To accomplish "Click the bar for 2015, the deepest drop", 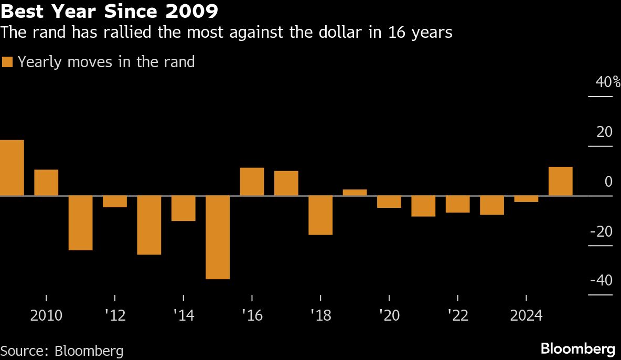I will (x=218, y=237).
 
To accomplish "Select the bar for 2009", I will (x=12, y=168).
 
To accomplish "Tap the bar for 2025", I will (x=560, y=182).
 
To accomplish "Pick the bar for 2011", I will (x=80, y=223).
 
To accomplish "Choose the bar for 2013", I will (x=149, y=225).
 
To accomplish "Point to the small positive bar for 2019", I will (x=355, y=193).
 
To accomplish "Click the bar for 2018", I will (x=320, y=215).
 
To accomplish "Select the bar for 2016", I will (x=252, y=182).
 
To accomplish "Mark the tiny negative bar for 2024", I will (x=526, y=199).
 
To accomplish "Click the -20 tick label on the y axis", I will (x=601, y=231).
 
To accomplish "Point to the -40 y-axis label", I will (x=601, y=281).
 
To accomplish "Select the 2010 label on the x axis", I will (x=46, y=316).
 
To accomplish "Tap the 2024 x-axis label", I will (x=526, y=316).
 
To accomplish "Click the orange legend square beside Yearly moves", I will (x=7, y=62).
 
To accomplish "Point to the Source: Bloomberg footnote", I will (x=62, y=351).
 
